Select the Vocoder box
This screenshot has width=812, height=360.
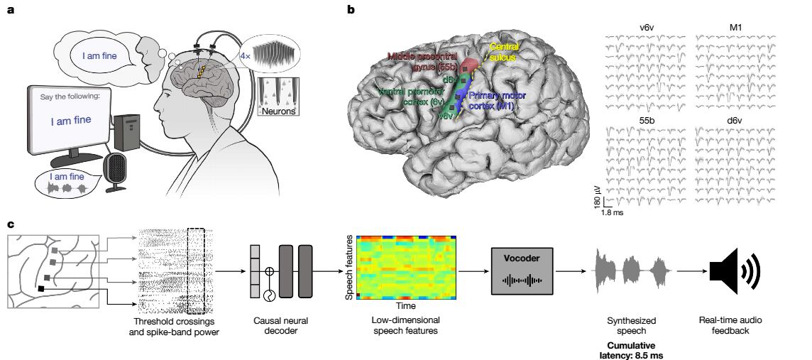522,271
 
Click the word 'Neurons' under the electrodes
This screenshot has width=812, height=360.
280,111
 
